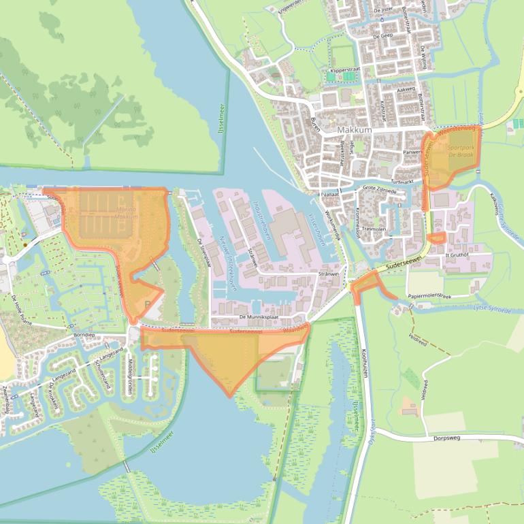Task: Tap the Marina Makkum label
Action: pyautogui.click(x=127, y=213)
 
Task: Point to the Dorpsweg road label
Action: pyautogui.click(x=447, y=438)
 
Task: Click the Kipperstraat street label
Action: pyautogui.click(x=344, y=69)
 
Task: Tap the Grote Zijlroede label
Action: pyautogui.click(x=379, y=189)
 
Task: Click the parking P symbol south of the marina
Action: pyautogui.click(x=148, y=304)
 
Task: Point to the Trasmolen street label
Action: pyautogui.click(x=374, y=229)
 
